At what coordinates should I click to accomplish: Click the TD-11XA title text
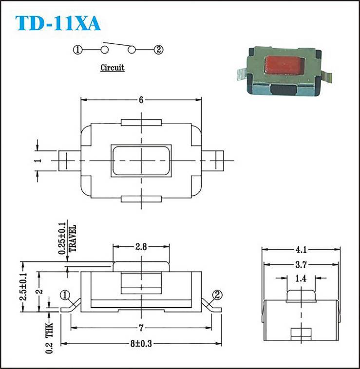coord(58,23)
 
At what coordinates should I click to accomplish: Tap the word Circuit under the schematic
coord(113,68)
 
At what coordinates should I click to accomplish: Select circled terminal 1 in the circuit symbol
coord(77,50)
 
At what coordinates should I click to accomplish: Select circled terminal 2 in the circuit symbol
coord(158,50)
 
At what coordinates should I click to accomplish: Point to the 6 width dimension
coord(141,100)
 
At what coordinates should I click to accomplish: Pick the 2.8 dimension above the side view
coord(141,247)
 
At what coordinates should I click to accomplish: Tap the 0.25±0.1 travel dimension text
coord(62,238)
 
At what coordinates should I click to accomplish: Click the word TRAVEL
coord(72,238)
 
